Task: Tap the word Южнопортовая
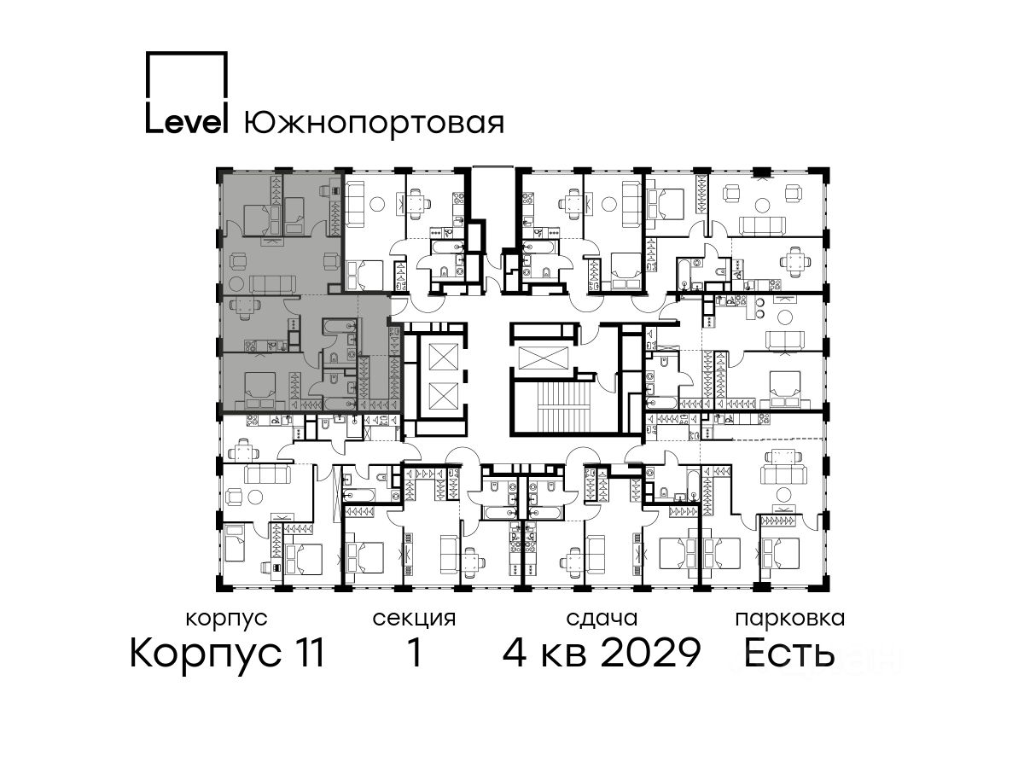(x=374, y=123)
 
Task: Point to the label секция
(x=414, y=620)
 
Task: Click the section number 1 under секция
(x=416, y=653)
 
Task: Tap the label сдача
(x=602, y=620)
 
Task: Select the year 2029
(x=651, y=653)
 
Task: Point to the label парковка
(x=790, y=620)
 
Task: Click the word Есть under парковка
(x=788, y=653)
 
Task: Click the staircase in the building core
(x=564, y=405)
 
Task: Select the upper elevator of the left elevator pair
(x=443, y=357)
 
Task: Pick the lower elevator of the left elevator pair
(x=443, y=396)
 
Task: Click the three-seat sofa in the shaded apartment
(x=273, y=283)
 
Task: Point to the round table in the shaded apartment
(x=236, y=284)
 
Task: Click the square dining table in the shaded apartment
(x=247, y=305)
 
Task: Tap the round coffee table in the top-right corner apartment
(x=763, y=205)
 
